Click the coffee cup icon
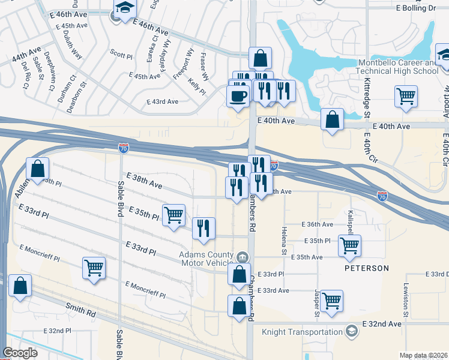(x=238, y=95)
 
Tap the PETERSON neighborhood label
(x=366, y=268)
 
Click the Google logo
(x=20, y=353)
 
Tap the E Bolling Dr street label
(x=415, y=8)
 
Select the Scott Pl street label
(x=121, y=55)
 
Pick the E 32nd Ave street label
(x=382, y=324)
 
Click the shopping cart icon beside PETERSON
(x=349, y=245)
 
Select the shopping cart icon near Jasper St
(x=331, y=300)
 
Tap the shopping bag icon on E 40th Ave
(x=332, y=119)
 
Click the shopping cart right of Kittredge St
(x=406, y=95)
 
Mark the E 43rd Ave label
(x=163, y=102)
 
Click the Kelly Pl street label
(x=197, y=87)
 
